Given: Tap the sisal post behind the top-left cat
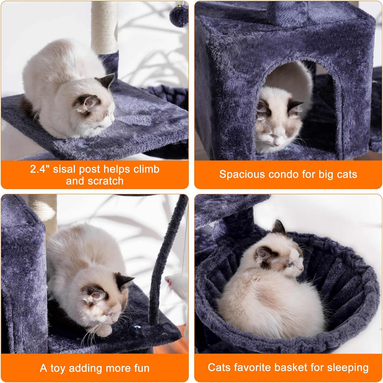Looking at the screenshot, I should [x=104, y=26].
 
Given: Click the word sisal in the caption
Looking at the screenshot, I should [x=64, y=169].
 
